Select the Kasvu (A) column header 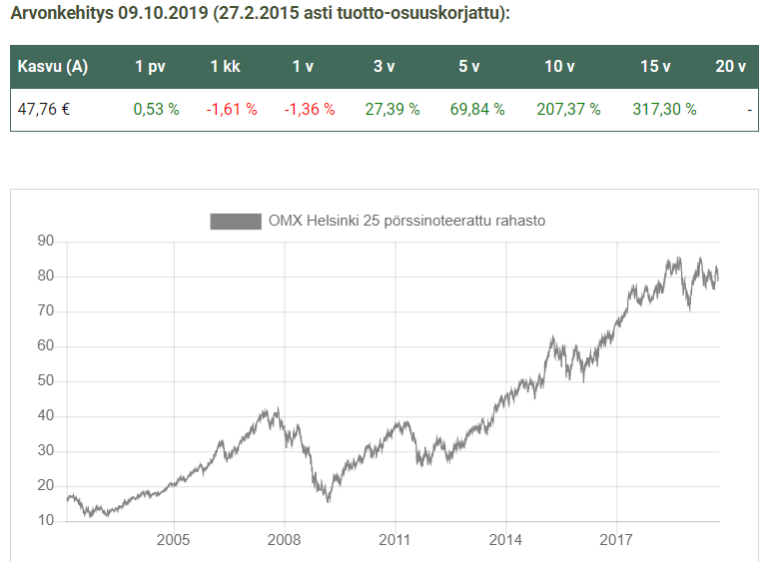tap(53, 67)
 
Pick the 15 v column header tap(655, 67)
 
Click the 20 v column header tap(730, 67)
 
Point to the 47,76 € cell tap(44, 109)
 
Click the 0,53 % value tap(156, 109)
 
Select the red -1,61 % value tap(232, 109)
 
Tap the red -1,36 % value tap(310, 109)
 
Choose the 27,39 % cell tap(392, 109)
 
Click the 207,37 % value tap(568, 109)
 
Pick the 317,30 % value tap(664, 109)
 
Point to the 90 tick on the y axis tap(46, 242)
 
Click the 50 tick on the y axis tap(46, 381)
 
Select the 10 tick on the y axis tap(46, 521)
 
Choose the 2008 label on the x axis tap(285, 540)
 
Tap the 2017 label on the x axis tap(617, 540)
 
